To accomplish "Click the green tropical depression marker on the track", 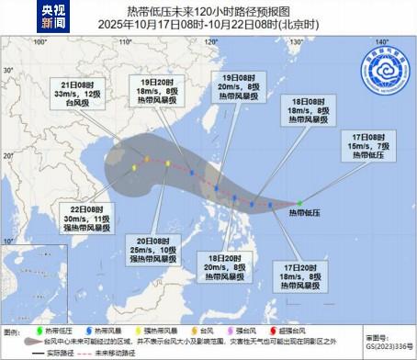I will point(299,203).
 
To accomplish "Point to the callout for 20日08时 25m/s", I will point(152,247).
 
